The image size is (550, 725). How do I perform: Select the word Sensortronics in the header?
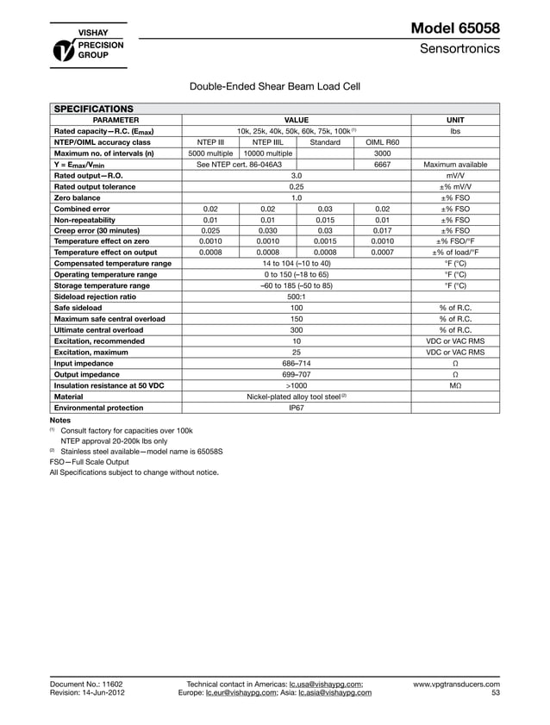(459, 49)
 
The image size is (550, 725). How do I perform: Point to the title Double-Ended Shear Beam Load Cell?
(274, 85)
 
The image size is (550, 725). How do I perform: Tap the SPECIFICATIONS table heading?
(94, 109)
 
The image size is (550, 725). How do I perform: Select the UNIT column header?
(455, 120)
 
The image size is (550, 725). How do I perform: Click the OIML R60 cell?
(383, 141)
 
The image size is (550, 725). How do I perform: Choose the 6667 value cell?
(383, 164)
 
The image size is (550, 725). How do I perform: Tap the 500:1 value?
(297, 297)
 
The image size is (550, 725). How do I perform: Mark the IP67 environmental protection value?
(297, 407)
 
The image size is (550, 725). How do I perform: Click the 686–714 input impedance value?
(297, 363)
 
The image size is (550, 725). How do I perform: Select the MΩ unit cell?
(455, 385)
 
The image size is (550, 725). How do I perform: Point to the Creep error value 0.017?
(383, 230)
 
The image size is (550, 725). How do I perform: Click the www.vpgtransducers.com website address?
(456, 684)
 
